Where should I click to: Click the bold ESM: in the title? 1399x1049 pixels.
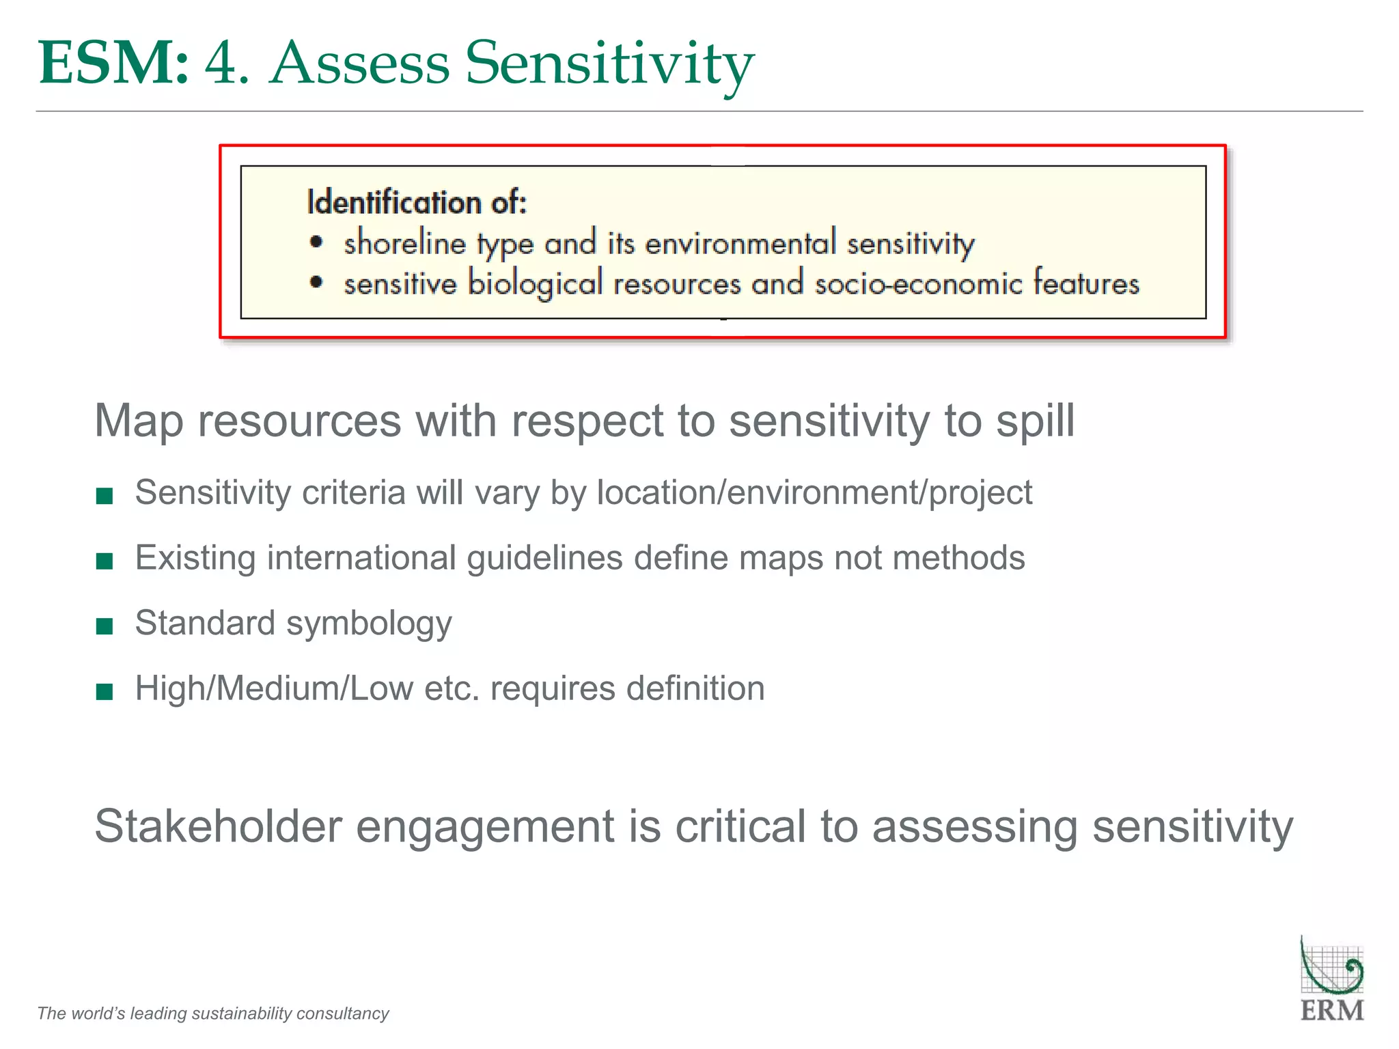[x=113, y=63]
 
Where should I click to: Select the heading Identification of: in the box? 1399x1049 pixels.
[x=417, y=202]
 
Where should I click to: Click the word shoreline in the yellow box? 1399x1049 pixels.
[x=404, y=243]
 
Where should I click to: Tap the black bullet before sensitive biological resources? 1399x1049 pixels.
[x=316, y=282]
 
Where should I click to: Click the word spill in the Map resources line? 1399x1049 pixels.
[x=1036, y=421]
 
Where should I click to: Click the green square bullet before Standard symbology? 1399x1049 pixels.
[x=105, y=626]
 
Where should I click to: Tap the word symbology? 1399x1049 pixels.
[x=369, y=624]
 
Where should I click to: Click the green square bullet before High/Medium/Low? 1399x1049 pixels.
[x=105, y=691]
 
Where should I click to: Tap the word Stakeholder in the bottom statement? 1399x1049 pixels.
[x=217, y=826]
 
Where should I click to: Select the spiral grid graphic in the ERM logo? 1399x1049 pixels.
[x=1331, y=966]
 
